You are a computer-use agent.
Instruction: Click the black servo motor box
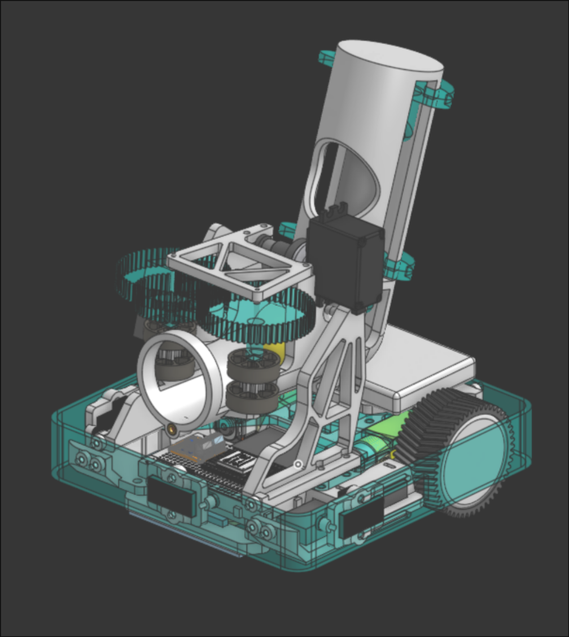pyautogui.click(x=345, y=263)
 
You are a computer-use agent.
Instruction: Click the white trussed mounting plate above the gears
pyautogui.click(x=239, y=263)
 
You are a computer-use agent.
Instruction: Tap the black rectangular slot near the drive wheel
pyautogui.click(x=361, y=520)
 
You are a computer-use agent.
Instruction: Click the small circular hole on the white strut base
pyautogui.click(x=298, y=464)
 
